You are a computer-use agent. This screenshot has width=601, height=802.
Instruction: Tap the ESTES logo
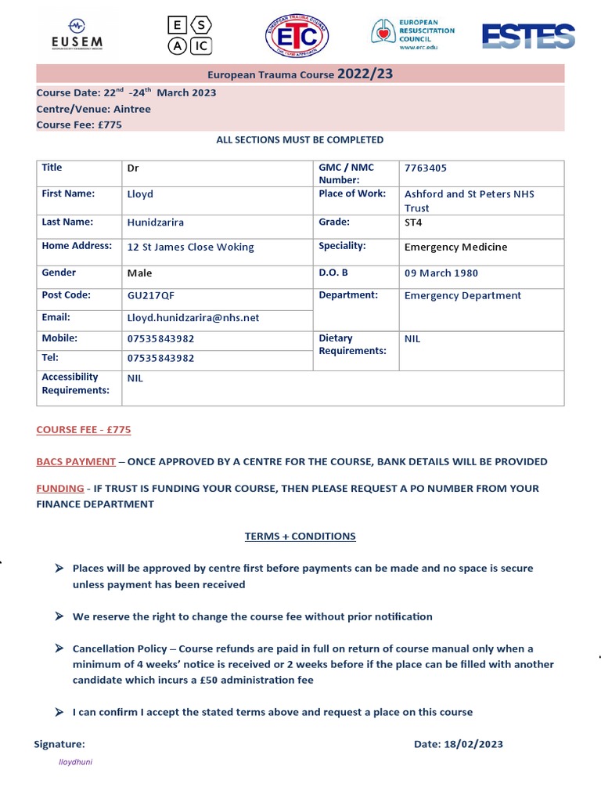[x=528, y=36]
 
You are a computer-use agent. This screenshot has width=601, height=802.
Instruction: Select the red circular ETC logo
[x=297, y=36]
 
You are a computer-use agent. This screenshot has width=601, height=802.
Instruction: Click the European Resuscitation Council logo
[x=412, y=35]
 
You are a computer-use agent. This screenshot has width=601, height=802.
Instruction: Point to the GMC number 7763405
[x=426, y=168]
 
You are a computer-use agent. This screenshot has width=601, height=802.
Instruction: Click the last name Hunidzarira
[x=155, y=222]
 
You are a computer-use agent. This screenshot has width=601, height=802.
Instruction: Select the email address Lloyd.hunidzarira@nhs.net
[x=193, y=318]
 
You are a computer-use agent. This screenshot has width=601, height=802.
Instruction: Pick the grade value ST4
[x=413, y=222]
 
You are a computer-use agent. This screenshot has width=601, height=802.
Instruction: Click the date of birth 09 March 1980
[x=441, y=273]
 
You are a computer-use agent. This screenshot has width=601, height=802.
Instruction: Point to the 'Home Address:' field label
[x=77, y=246]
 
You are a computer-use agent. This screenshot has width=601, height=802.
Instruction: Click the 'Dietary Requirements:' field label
[x=352, y=345]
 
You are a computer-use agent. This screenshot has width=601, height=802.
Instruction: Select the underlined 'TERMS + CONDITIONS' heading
[x=300, y=536]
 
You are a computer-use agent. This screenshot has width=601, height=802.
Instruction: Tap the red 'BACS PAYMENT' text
[x=76, y=461]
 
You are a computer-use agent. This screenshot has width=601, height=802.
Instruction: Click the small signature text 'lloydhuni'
[x=76, y=762]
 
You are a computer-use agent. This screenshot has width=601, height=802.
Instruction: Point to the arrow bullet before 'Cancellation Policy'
[x=60, y=648]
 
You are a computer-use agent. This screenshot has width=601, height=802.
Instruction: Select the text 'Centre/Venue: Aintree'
[x=93, y=109]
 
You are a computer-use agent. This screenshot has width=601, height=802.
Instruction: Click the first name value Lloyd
[x=140, y=194]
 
